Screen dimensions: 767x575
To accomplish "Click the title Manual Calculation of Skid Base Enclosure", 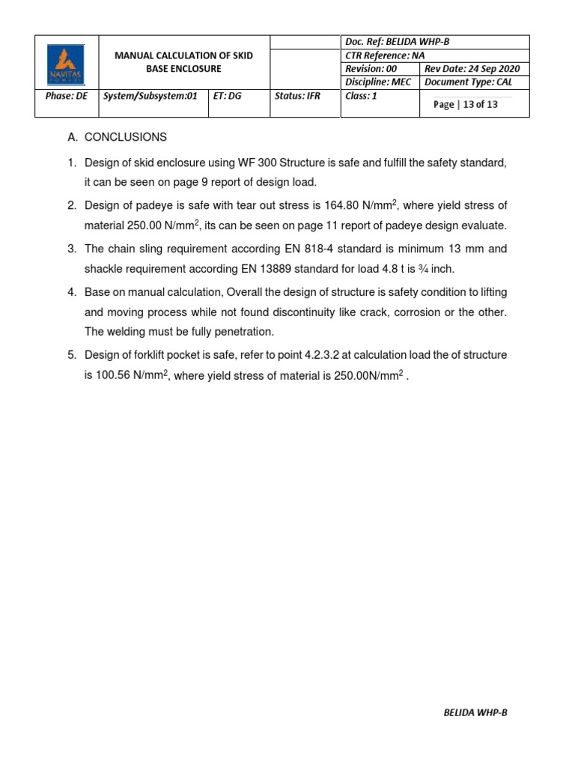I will (x=183, y=62).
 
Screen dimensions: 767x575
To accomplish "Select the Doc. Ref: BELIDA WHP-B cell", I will (x=390, y=42).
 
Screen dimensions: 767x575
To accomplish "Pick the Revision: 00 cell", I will (x=371, y=69).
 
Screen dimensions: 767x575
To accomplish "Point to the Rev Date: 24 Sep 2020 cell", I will (x=472, y=69).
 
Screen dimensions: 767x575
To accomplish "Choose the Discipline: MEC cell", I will (x=378, y=82).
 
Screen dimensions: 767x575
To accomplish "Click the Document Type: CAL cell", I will (x=468, y=82).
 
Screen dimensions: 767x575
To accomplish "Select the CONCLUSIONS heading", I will (x=125, y=138).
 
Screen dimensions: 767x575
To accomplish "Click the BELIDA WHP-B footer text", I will (x=475, y=712).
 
